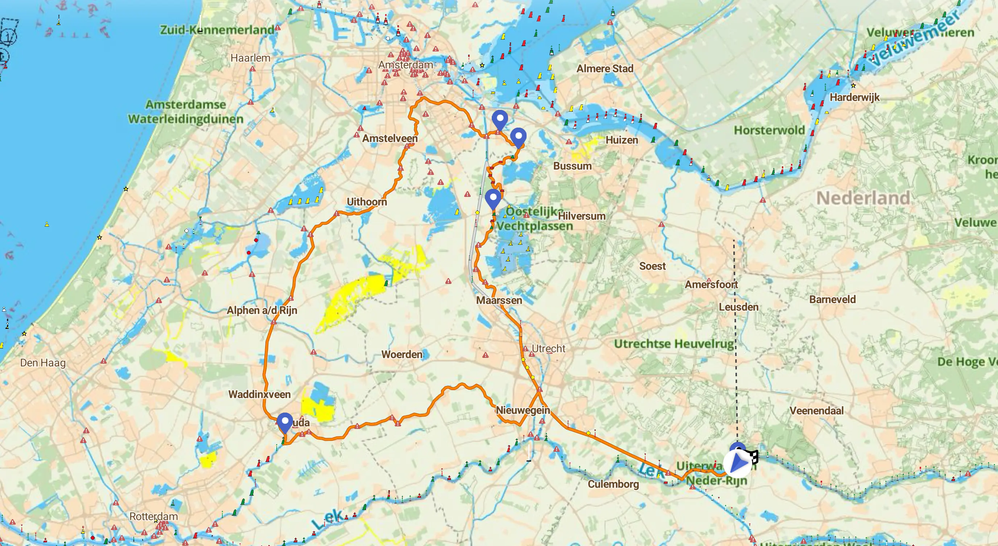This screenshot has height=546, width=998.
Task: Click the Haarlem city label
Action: click(x=250, y=58)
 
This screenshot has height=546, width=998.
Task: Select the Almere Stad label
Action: click(x=605, y=69)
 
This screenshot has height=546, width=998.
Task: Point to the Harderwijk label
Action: click(x=854, y=97)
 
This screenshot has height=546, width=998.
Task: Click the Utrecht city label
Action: click(x=548, y=348)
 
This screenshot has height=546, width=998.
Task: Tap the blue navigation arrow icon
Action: click(x=738, y=463)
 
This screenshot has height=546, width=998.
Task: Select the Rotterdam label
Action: click(x=153, y=516)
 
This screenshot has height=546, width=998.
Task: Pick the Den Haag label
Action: click(x=43, y=363)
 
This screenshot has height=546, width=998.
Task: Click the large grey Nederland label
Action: click(x=863, y=198)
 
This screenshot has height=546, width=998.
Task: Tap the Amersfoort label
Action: click(x=711, y=284)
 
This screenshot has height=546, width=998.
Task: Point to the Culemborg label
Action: click(x=613, y=484)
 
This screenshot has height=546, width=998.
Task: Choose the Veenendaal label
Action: click(x=816, y=410)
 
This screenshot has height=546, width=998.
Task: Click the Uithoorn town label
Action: click(x=367, y=202)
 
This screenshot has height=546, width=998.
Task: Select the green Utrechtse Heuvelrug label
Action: click(x=674, y=344)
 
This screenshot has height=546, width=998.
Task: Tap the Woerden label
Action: click(x=402, y=354)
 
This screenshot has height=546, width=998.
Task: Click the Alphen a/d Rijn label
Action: click(x=262, y=310)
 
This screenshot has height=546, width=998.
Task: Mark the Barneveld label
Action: click(x=832, y=299)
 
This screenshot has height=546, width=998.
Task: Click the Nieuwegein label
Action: click(x=523, y=410)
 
